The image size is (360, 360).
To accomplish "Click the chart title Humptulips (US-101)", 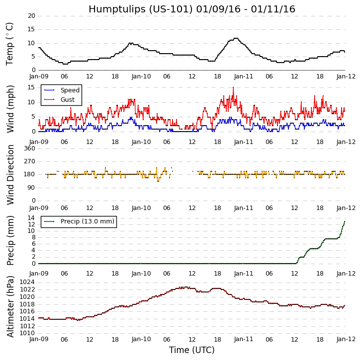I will [x=191, y=9].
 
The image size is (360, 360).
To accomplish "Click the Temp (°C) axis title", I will [x=10, y=43].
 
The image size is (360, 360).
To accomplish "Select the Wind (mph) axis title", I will [x=10, y=108].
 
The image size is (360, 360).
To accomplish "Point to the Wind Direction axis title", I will [x=10, y=174].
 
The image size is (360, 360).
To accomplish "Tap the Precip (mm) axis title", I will [x=10, y=240].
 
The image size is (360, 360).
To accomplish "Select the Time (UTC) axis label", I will [x=191, y=350].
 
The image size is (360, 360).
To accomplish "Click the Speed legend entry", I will [x=70, y=90].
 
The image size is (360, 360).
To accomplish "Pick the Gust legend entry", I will [x=68, y=100].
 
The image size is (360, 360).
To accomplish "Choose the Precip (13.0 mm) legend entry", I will [x=87, y=221].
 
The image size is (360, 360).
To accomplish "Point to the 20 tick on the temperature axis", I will [x=31, y=16].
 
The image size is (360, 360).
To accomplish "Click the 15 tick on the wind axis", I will [x=31, y=87].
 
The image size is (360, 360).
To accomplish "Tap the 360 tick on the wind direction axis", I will [x=29, y=148].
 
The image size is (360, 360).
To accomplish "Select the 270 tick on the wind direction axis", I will [x=29, y=161].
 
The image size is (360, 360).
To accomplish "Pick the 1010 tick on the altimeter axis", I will [x=27, y=333].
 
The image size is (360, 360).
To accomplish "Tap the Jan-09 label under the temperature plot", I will [x=39, y=76].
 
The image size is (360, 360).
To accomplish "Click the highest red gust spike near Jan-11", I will [x=233, y=88].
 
